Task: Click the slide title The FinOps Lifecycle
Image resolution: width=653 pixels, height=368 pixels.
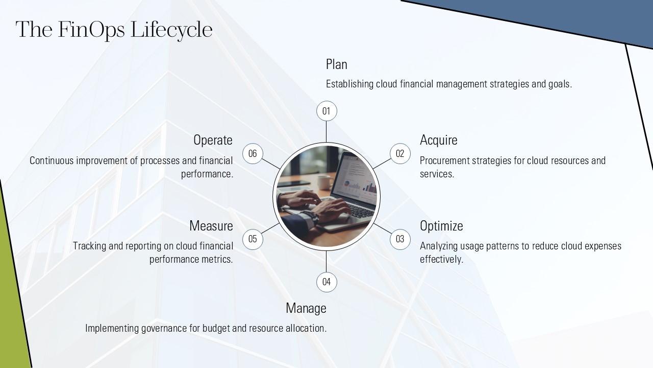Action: pos(114,30)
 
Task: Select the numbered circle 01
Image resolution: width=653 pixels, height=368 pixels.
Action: pos(326,111)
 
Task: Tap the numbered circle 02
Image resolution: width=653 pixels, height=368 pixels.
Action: pos(400,153)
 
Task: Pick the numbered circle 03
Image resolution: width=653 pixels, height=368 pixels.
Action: pos(400,239)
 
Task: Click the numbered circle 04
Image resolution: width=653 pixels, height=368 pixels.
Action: pos(326,282)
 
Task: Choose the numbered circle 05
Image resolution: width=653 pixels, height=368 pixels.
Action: pos(253,239)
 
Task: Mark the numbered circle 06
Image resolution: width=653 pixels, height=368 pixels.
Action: pos(253,153)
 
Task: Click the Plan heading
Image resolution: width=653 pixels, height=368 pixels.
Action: pos(337,64)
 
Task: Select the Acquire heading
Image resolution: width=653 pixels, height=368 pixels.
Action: pos(438,140)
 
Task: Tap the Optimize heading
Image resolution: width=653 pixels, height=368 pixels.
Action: pos(441,226)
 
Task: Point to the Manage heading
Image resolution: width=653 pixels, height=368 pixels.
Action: pos(306,308)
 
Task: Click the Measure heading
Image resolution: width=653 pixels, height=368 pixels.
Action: pos(211,226)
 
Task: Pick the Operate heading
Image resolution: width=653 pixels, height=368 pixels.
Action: pos(213,140)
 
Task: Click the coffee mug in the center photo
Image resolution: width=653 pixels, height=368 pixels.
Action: pos(324,181)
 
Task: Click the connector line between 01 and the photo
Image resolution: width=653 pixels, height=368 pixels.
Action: pos(326,132)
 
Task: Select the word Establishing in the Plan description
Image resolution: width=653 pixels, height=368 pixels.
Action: pos(349,84)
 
